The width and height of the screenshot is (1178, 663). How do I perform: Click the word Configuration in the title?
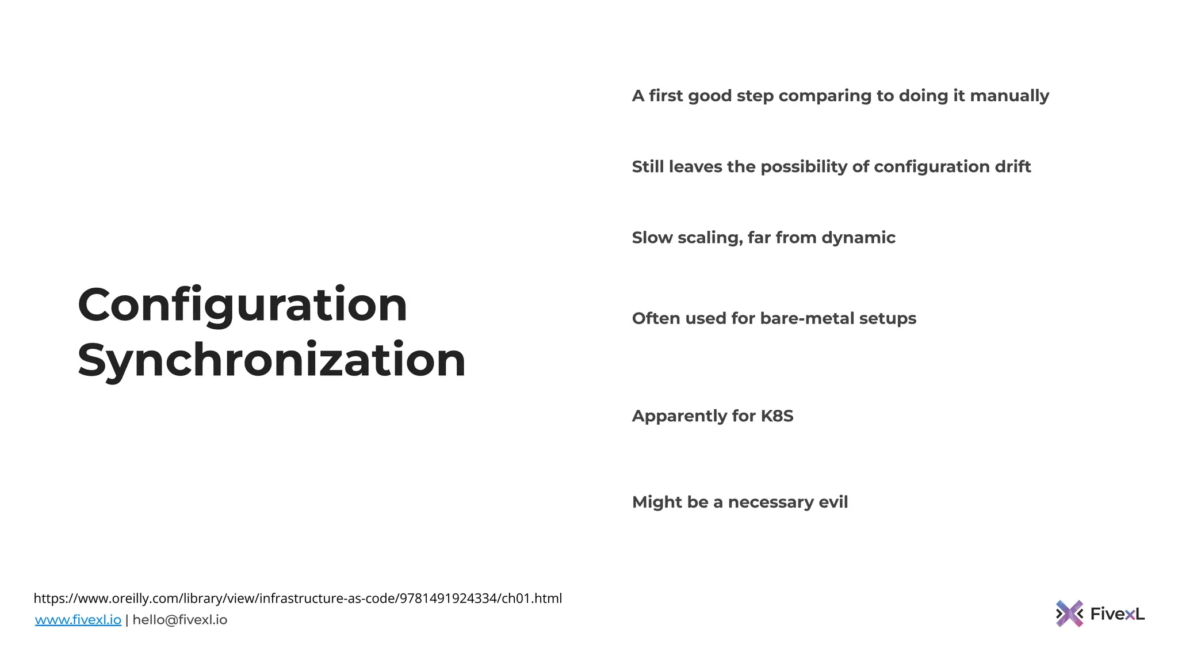tap(242, 306)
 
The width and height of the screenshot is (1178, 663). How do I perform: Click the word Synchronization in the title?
tap(271, 360)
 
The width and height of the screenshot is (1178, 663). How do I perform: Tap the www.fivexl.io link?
tap(78, 620)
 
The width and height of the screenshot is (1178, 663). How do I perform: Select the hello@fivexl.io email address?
tap(180, 620)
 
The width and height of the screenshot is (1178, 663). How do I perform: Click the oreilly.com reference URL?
tap(297, 599)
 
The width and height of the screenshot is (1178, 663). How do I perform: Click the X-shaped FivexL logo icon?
tap(1069, 614)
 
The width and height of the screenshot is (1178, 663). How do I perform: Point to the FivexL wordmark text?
tap(1117, 614)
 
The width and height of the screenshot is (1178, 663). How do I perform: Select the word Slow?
tap(652, 238)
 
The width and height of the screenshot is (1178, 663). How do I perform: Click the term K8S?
tap(777, 416)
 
